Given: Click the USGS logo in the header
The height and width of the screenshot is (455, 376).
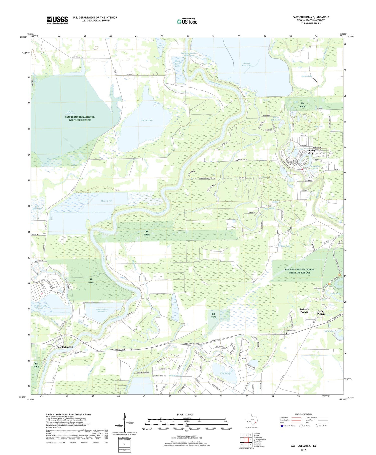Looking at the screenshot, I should tap(57, 20).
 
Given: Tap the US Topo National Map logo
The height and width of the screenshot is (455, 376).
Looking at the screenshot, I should tap(187, 21).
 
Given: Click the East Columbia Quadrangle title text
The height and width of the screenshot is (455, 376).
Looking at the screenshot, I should tap(311, 17).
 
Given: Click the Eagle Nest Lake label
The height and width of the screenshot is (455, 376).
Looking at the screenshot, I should tap(71, 112).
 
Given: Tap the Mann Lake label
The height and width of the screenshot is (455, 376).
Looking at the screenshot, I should tap(106, 201).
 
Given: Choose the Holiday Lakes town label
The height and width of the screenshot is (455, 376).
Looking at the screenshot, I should tap(306, 152).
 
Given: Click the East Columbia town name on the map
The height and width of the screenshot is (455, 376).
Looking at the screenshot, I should tap(65, 347).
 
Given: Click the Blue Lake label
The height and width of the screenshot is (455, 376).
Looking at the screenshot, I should tap(286, 246).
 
